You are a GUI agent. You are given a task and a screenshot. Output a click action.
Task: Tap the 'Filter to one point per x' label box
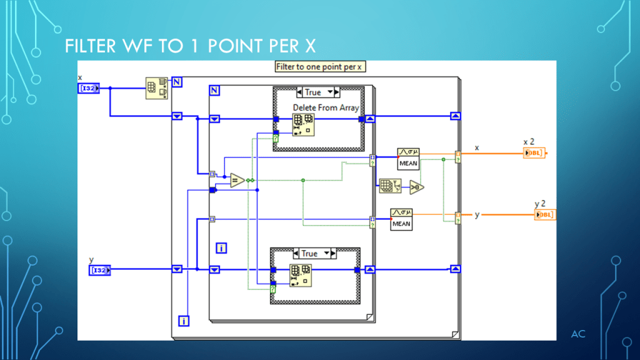click(x=319, y=67)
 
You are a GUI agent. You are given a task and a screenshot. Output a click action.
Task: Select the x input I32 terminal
click(x=89, y=88)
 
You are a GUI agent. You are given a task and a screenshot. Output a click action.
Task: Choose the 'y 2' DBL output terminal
click(x=545, y=215)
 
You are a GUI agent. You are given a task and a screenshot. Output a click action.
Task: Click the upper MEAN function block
click(x=407, y=158)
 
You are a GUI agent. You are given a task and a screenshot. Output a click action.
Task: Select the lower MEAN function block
click(x=401, y=219)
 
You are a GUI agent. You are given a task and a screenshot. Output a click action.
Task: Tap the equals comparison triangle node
click(x=237, y=181)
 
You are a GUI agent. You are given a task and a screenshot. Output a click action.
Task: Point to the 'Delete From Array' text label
click(x=326, y=107)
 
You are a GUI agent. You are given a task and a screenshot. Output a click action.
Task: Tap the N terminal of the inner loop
click(x=214, y=91)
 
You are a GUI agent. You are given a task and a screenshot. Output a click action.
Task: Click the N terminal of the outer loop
click(x=177, y=82)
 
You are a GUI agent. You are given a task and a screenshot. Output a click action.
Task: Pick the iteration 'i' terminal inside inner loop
click(x=221, y=248)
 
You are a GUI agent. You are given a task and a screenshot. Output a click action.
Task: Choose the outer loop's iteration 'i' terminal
click(x=184, y=321)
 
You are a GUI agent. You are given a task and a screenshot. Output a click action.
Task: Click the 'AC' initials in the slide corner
click(x=578, y=334)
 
